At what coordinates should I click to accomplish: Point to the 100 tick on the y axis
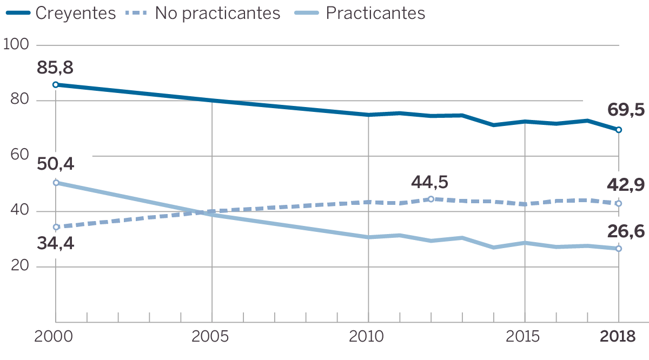(x=16, y=45)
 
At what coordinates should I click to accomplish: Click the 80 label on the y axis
(x=17, y=101)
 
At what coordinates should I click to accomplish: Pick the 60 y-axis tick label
(x=17, y=156)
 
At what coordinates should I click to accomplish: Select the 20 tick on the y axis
(x=17, y=267)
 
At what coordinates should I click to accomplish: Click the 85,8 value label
(x=55, y=68)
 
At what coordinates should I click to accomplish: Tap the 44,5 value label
(x=430, y=182)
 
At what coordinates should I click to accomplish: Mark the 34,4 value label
(x=56, y=244)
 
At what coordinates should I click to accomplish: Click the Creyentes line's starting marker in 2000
(x=56, y=85)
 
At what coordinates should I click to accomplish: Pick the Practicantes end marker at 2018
(x=619, y=249)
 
